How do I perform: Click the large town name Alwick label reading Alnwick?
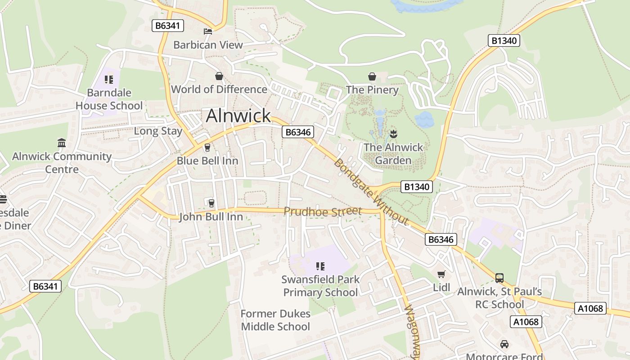(238, 116)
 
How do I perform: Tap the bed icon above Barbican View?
(208, 31)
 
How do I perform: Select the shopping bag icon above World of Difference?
(219, 76)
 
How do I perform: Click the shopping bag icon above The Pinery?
(372, 76)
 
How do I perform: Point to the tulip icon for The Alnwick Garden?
(393, 134)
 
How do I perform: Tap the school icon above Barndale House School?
(109, 80)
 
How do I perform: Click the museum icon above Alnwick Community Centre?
(62, 143)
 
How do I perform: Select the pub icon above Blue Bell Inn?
(207, 147)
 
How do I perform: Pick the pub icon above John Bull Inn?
(211, 203)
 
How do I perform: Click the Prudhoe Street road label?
(322, 211)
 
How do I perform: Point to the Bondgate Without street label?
(371, 192)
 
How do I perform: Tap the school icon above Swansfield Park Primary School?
(320, 266)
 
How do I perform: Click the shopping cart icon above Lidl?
(441, 274)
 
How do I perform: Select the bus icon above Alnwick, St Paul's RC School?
(499, 278)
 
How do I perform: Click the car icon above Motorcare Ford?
(504, 344)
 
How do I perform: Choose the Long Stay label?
(158, 131)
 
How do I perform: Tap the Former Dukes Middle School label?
(275, 320)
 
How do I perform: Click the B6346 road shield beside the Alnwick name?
(298, 132)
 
